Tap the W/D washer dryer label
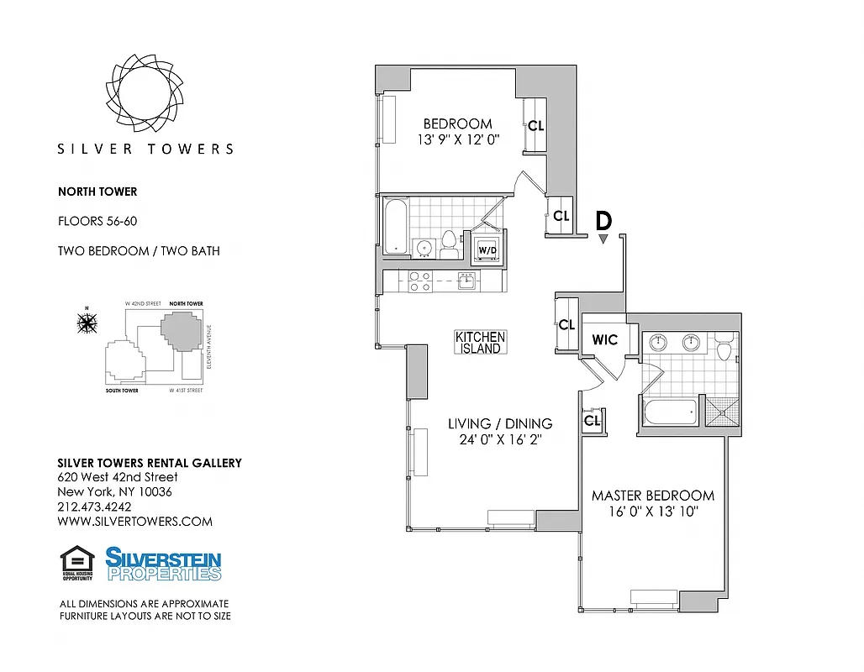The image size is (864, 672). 487,250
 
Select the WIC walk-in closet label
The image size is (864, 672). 604,339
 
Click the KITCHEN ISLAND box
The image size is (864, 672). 480,342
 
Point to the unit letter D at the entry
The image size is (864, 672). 603,221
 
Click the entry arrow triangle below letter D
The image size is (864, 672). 603,239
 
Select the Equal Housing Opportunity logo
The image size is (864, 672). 76,564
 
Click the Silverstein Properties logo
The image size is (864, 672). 163,564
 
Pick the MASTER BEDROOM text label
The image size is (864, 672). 652,496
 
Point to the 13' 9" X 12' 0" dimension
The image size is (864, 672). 457,140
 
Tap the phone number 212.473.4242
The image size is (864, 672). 94,507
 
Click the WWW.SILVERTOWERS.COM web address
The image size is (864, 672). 134,521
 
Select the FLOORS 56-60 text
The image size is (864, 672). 97,222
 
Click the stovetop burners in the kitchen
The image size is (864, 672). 419,281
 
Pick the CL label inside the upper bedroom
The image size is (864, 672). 535,126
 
